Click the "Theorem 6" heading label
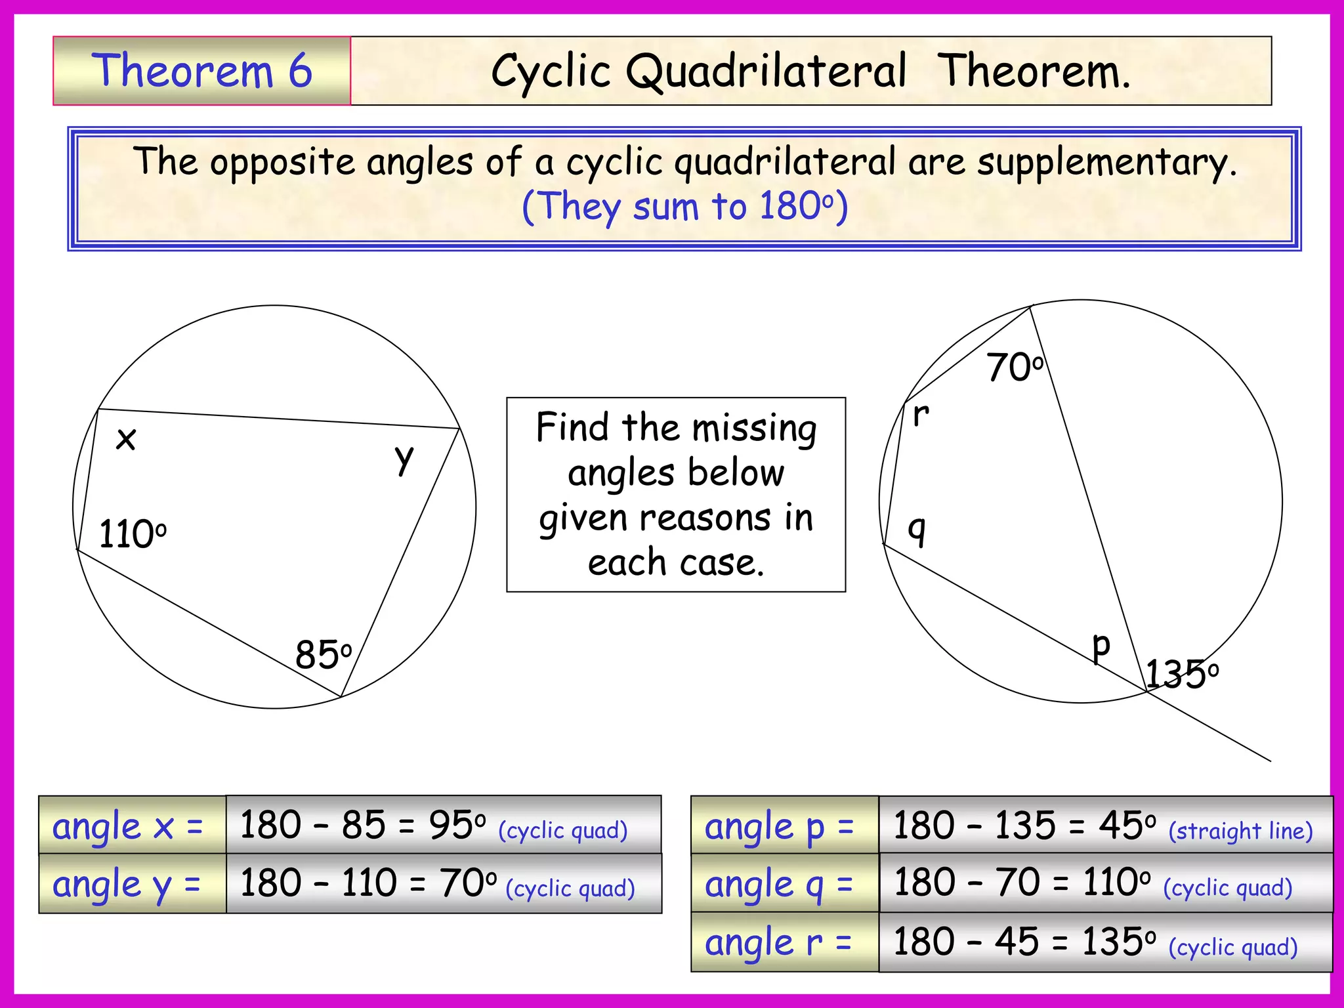[x=201, y=71]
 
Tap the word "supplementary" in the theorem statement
[x=1106, y=162]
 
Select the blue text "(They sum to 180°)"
[x=684, y=206]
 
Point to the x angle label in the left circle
[x=125, y=438]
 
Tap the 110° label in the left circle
[x=132, y=534]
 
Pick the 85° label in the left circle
[x=323, y=654]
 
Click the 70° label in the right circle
[x=1014, y=367]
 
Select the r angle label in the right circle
[x=921, y=415]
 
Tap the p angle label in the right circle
[x=1101, y=646]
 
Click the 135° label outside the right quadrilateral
[x=1181, y=674]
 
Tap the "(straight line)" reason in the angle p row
[x=1240, y=831]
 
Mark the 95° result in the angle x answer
[x=457, y=825]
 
